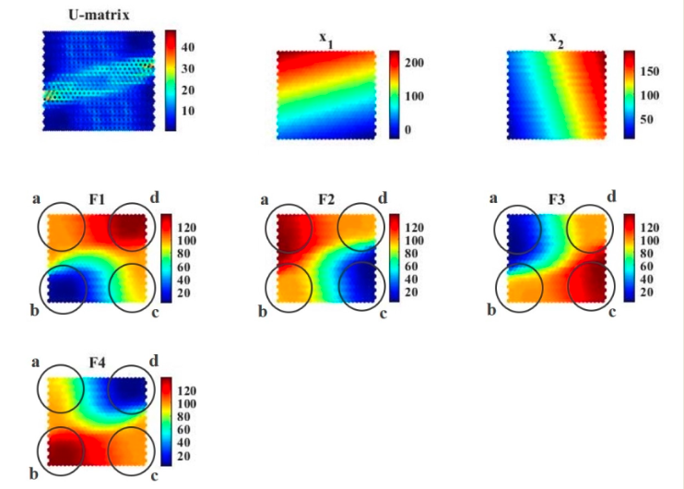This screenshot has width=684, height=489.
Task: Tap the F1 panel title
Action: pos(97,199)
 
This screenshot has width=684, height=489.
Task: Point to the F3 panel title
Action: pos(556,199)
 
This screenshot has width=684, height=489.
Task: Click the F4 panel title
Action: pos(97,363)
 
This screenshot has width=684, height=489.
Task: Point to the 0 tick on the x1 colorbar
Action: pos(407,131)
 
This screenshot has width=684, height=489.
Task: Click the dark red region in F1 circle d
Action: pos(129,227)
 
